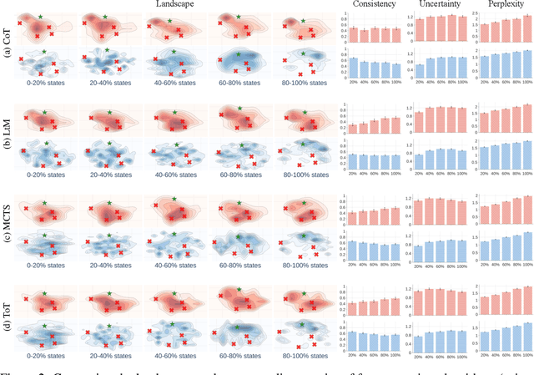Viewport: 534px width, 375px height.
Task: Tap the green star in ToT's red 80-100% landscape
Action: click(x=302, y=289)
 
